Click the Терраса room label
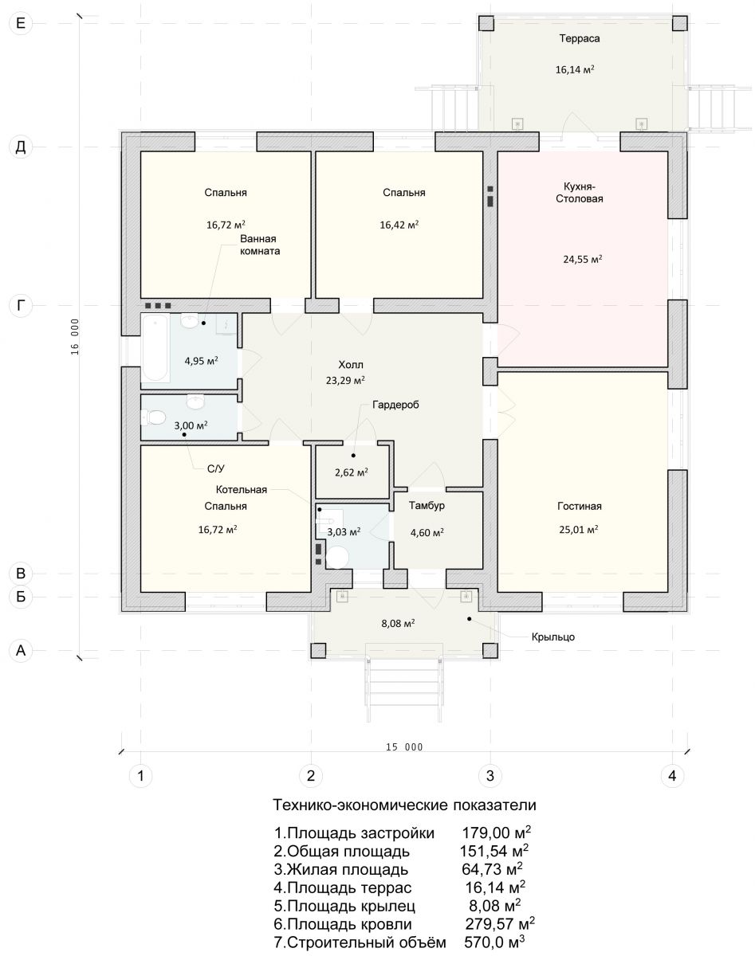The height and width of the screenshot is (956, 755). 580,39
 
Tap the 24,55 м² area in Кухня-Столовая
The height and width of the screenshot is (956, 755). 583,259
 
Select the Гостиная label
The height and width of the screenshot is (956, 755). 580,506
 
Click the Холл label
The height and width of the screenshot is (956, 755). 351,365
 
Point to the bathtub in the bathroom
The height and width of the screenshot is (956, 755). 155,348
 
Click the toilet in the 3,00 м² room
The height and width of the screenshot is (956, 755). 153,417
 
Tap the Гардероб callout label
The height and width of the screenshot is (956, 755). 395,405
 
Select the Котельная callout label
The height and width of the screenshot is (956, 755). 242,489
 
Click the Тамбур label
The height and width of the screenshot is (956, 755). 427,506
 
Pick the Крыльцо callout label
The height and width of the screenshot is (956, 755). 553,637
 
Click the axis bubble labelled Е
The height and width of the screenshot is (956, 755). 21,22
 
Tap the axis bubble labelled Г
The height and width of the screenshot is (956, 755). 21,306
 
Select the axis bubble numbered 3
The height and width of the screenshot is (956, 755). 490,776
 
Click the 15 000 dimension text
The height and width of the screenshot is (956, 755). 404,747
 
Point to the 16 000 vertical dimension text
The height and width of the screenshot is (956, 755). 75,337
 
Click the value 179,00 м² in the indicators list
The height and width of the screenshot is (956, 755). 497,833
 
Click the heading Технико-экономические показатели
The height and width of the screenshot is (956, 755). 404,805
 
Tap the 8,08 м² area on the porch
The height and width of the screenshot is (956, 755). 398,623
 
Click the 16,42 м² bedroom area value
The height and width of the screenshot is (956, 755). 399,225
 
